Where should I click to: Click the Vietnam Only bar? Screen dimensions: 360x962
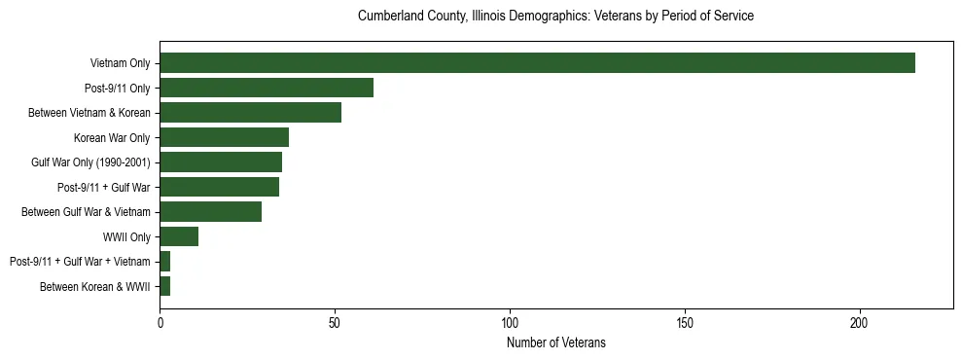coord(537,63)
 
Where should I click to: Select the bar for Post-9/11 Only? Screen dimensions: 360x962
coord(267,88)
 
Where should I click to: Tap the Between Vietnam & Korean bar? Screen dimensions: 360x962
coord(251,113)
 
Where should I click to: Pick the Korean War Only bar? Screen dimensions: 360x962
coord(225,137)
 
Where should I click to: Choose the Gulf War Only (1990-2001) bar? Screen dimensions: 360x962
coord(221,162)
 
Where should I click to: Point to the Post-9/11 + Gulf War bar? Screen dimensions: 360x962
coord(219,187)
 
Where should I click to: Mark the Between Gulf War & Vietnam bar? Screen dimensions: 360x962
coord(210,211)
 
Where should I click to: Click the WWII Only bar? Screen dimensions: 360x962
coord(179,236)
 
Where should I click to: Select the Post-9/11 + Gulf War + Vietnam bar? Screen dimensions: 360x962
coord(165,261)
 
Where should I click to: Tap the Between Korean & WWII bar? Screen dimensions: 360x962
coord(165,286)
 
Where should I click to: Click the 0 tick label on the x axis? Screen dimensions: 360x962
coord(160,322)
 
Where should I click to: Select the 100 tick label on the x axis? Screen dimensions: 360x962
coord(510,322)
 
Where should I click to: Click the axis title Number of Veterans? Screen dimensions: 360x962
coord(556,342)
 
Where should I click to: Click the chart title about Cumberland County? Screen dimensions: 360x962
coord(556,17)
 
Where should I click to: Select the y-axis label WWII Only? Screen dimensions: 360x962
coord(126,236)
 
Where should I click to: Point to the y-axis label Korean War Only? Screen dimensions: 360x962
coord(112,137)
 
